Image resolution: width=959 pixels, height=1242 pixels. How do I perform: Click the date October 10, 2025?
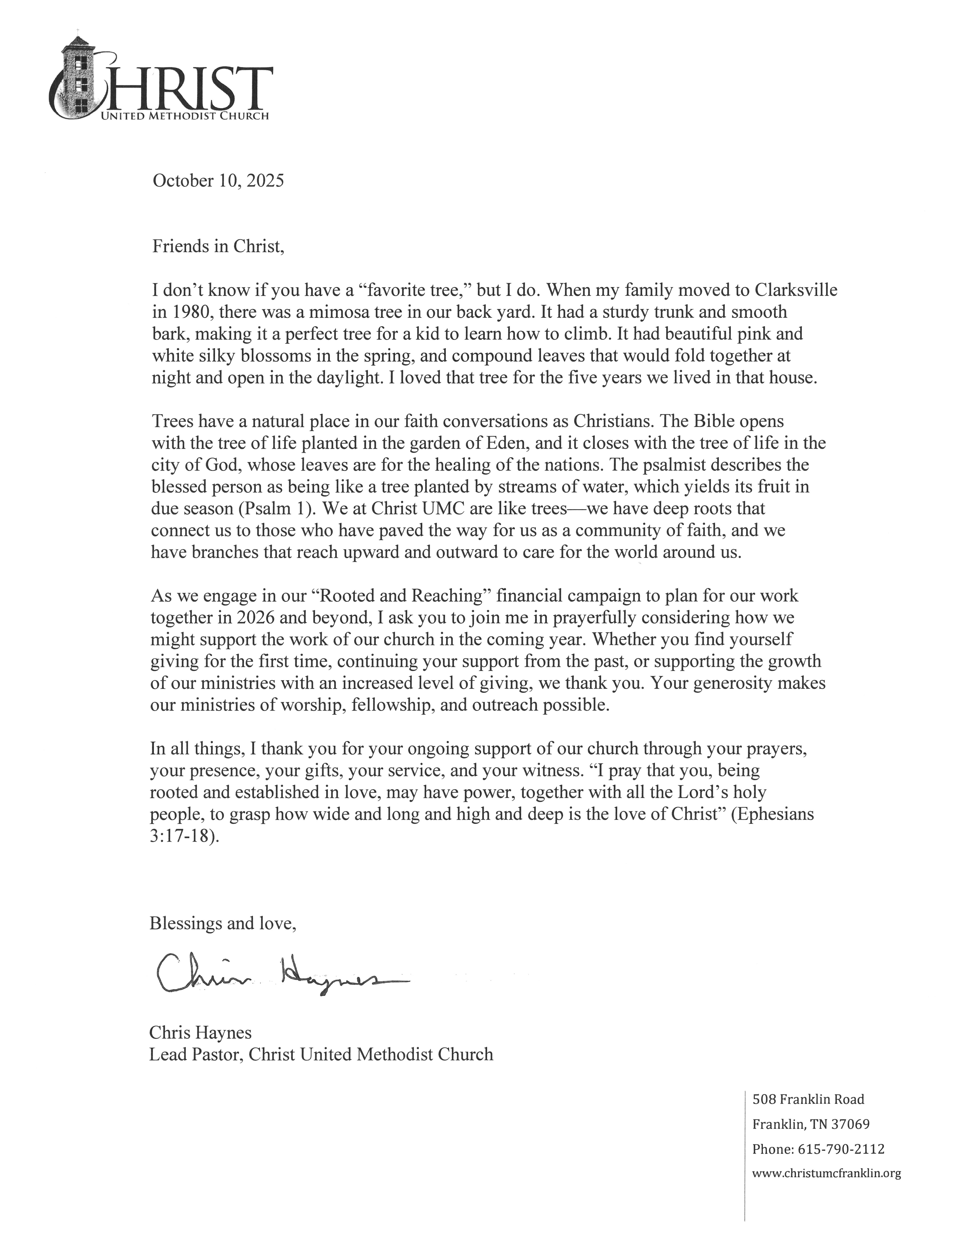click(218, 181)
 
